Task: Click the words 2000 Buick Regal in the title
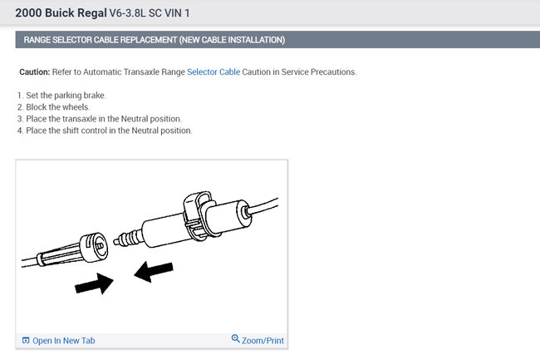(x=61, y=13)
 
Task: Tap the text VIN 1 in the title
(x=177, y=13)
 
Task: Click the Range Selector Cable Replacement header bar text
(x=155, y=40)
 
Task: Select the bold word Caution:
(x=35, y=72)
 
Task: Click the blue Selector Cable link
(x=214, y=72)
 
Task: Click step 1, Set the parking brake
(x=61, y=96)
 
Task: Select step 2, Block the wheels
(x=53, y=107)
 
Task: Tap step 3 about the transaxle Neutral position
(x=100, y=119)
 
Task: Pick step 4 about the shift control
(x=105, y=131)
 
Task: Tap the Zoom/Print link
(x=263, y=341)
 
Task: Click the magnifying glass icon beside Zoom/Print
(x=236, y=338)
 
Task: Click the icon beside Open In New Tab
(x=26, y=340)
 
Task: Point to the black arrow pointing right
(x=94, y=284)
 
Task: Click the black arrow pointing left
(x=153, y=272)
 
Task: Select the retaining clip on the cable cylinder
(x=197, y=215)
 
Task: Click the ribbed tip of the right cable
(x=128, y=239)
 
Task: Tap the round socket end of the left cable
(x=95, y=247)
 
